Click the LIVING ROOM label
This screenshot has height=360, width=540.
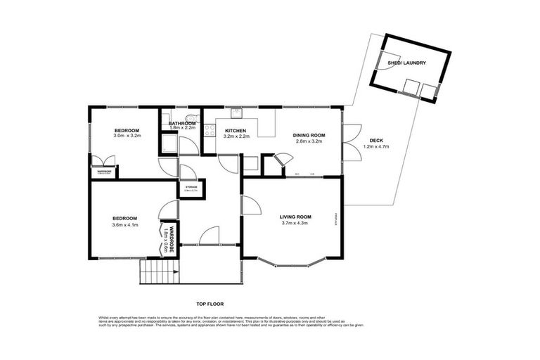(x=295, y=217)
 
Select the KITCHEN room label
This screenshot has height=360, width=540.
(x=236, y=131)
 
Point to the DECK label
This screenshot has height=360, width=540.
(x=375, y=140)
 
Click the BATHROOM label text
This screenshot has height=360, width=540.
(x=181, y=124)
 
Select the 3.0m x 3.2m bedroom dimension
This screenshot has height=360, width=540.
(x=127, y=136)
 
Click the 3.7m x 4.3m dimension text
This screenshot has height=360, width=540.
(x=295, y=224)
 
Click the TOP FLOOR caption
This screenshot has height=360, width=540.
(x=210, y=305)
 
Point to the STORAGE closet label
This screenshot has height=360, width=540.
(x=190, y=186)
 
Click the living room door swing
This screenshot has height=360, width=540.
(x=250, y=205)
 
